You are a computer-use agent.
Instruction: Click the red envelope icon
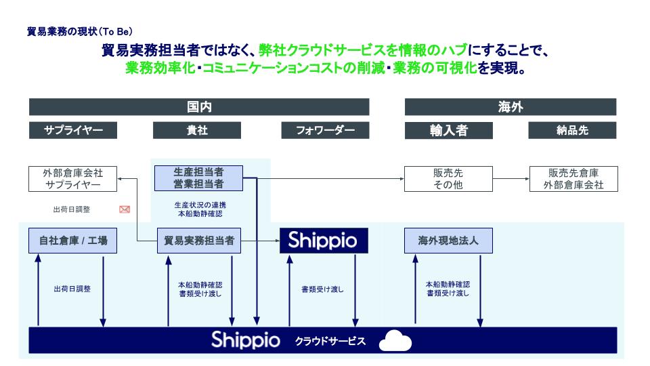tap(124, 209)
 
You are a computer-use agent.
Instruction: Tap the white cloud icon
tap(395, 341)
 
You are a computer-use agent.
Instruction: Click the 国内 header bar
tap(199, 107)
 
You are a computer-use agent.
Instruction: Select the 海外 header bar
tap(510, 107)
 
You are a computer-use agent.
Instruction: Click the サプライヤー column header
tap(73, 130)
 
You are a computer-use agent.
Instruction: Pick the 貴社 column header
tap(197, 130)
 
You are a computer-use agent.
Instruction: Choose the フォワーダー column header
tap(325, 130)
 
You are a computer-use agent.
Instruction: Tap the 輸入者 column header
tap(448, 130)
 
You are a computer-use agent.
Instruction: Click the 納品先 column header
tap(572, 130)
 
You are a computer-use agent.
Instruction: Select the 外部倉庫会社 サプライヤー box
tap(72, 178)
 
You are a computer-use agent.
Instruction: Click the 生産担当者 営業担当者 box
tap(198, 178)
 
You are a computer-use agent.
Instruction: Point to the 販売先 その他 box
tap(448, 178)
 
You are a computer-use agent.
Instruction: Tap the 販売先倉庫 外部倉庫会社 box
tap(573, 178)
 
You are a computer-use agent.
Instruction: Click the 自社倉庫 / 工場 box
tap(72, 240)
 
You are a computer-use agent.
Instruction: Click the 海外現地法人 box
tap(448, 240)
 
